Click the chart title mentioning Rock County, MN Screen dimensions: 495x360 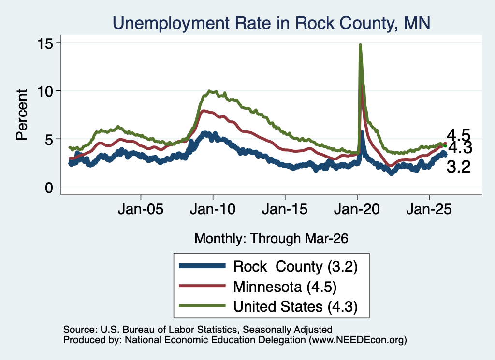click(x=271, y=23)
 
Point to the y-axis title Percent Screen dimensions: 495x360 click(x=22, y=115)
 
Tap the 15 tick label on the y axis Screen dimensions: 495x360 click(x=45, y=43)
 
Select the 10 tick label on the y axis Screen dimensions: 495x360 click(x=45, y=91)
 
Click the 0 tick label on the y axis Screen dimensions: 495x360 click(x=49, y=187)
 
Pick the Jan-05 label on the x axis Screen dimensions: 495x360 click(x=141, y=209)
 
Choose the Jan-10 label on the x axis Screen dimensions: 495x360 click(x=213, y=209)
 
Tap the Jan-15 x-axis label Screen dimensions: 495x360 click(x=285, y=209)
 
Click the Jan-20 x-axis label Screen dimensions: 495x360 click(x=357, y=209)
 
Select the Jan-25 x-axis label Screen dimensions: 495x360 click(x=429, y=209)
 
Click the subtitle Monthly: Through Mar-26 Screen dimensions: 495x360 click(x=271, y=239)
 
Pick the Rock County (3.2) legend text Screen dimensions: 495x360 click(x=295, y=267)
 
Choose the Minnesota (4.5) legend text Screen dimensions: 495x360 click(x=285, y=287)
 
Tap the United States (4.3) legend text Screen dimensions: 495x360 click(x=295, y=306)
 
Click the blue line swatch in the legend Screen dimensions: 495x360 click(x=202, y=266)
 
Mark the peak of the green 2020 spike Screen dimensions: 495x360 click(x=360, y=45)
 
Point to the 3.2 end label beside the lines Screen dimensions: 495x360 click(x=458, y=167)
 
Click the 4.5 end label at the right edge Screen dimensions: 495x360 click(x=458, y=136)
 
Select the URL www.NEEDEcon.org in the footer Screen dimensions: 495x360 click(x=358, y=340)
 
